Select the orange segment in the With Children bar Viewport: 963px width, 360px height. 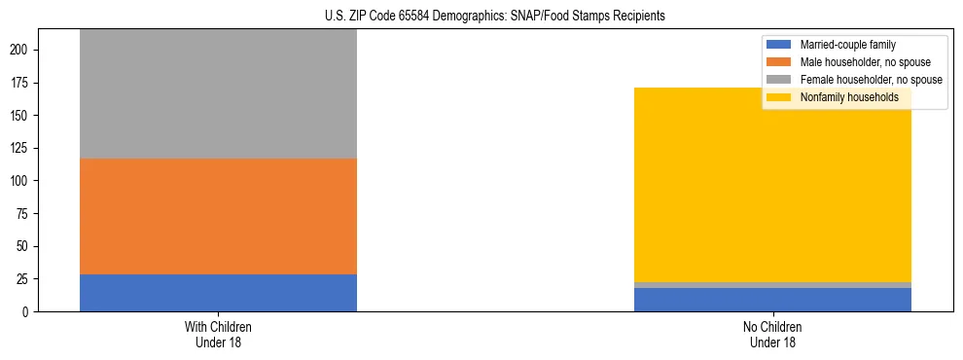pos(218,216)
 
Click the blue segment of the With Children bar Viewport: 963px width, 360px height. pos(218,293)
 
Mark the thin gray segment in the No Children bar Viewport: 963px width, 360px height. pos(772,285)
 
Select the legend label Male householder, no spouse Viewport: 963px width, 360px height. pos(859,62)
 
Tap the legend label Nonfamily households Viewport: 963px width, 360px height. pos(841,97)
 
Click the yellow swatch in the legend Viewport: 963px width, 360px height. pos(779,97)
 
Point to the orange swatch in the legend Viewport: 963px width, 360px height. pos(779,62)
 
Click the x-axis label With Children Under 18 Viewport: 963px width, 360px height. pos(218,334)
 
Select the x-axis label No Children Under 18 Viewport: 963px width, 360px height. pos(772,334)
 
